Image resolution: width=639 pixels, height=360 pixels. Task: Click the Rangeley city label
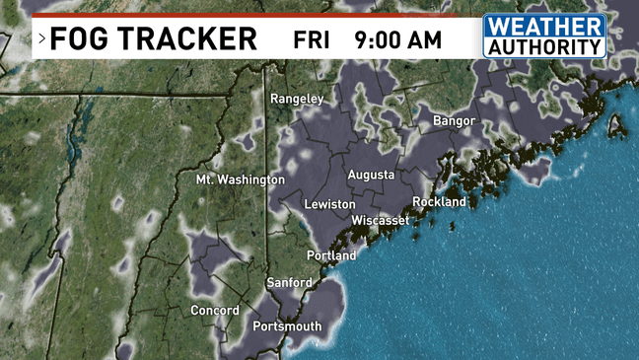297,99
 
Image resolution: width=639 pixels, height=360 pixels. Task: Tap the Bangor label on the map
454,121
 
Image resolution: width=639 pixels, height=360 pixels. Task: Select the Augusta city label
371,175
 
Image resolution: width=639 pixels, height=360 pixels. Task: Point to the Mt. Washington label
240,180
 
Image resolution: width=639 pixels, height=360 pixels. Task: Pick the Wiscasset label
380,220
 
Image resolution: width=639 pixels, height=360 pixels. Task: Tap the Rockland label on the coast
439,201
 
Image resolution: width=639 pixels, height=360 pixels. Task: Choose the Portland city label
331,255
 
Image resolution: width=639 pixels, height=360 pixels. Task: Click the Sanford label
290,282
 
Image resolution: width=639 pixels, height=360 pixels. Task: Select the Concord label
215,311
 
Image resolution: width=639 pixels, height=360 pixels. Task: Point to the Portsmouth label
287,326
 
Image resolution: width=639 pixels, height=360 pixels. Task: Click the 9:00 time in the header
381,40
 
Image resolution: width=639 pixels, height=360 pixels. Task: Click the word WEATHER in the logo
544,27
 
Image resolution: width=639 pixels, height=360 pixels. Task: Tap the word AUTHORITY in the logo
544,46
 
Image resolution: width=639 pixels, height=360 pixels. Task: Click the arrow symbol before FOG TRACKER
42,40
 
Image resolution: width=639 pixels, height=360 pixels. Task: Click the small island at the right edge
616,125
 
